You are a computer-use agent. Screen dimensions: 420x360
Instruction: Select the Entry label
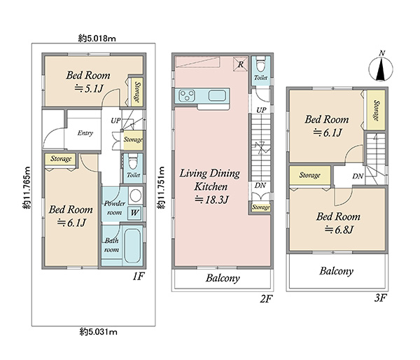pos(85,133)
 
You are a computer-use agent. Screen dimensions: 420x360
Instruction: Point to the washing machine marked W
pos(134,213)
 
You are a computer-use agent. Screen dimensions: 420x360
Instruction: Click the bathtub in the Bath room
pos(132,245)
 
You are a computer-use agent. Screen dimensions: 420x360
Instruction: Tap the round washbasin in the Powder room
pos(135,195)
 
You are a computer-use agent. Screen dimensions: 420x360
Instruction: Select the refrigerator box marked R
pos(240,64)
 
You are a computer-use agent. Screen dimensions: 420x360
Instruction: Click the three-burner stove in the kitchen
pos(187,96)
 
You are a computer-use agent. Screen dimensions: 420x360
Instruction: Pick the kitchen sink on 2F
pos(217,96)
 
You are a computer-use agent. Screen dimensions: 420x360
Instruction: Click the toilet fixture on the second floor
pos(260,64)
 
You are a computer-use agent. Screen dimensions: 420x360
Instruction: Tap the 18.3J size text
pos(211,200)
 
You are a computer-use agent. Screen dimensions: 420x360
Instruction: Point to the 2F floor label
pos(266,298)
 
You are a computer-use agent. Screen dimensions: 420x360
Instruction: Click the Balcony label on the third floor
pos(336,271)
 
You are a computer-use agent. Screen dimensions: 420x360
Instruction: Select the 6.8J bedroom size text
pos(339,230)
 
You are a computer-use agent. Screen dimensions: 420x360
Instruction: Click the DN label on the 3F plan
pos(358,176)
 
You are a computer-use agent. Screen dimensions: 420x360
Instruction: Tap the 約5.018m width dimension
pos(97,39)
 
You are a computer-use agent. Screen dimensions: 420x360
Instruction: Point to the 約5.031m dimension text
pos(98,332)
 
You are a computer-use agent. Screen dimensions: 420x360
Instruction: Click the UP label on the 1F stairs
pos(115,121)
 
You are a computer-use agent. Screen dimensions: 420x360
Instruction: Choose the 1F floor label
pos(139,276)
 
